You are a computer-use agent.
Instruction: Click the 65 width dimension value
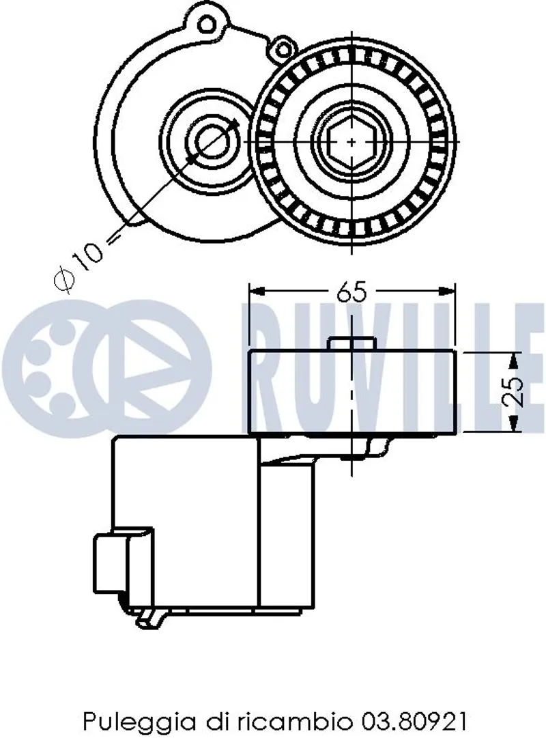[351, 292]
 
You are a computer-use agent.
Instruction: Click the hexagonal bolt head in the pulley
[352, 141]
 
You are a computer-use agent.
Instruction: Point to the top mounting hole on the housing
[206, 23]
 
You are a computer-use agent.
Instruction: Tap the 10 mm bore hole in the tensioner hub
[212, 141]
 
